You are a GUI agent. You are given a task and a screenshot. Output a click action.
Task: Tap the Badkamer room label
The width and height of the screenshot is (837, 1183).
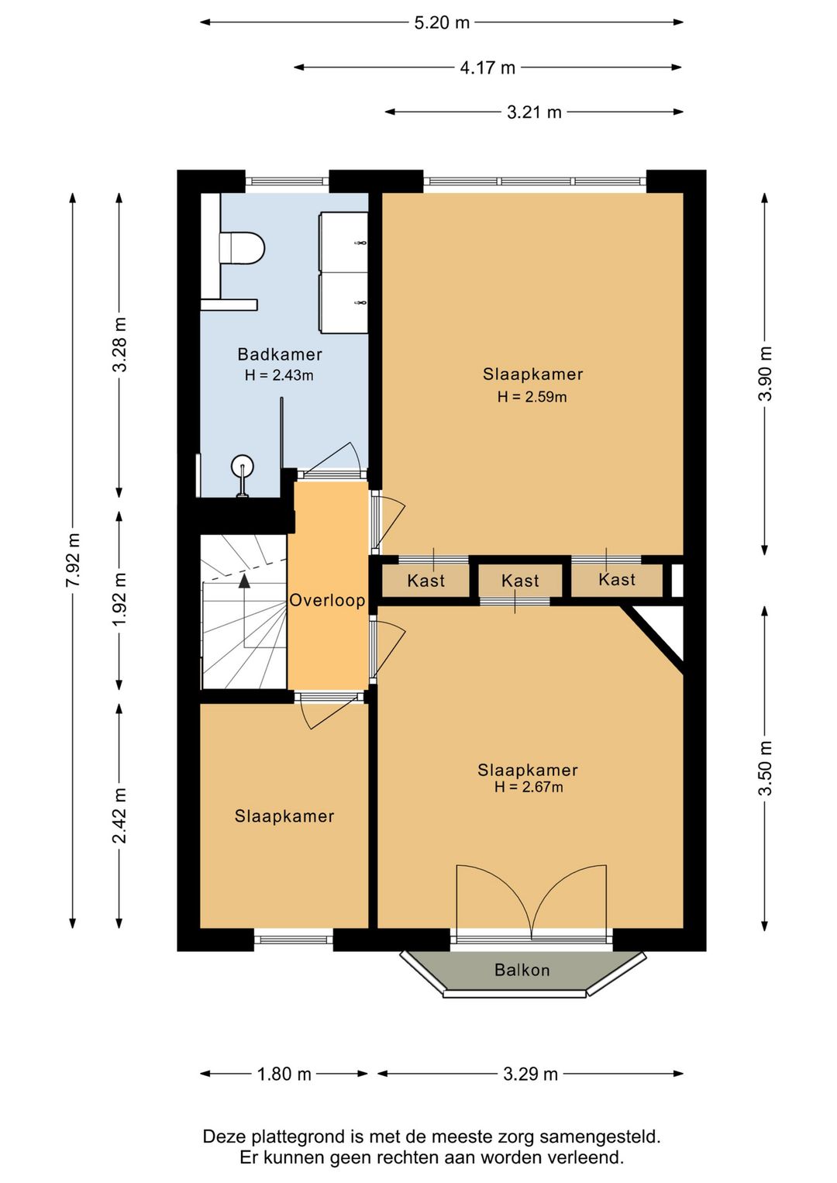pyautogui.click(x=280, y=354)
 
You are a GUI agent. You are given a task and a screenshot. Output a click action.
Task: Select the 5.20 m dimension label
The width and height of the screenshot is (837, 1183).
pyautogui.click(x=442, y=22)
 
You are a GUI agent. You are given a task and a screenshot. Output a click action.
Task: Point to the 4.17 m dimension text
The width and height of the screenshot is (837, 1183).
pyautogui.click(x=487, y=67)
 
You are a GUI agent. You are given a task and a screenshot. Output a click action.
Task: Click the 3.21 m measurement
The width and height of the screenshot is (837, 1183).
pyautogui.click(x=534, y=112)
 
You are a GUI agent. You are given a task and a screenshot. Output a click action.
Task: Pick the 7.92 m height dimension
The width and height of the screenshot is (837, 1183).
pyautogui.click(x=73, y=559)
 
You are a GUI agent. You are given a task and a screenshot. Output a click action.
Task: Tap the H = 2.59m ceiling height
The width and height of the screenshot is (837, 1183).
pyautogui.click(x=532, y=397)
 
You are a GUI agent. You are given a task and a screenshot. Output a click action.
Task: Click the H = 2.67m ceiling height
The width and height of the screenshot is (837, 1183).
pyautogui.click(x=529, y=787)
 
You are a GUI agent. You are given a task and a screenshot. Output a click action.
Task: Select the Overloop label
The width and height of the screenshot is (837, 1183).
pyautogui.click(x=327, y=600)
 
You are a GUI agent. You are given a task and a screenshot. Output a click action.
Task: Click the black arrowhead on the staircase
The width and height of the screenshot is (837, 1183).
pyautogui.click(x=244, y=581)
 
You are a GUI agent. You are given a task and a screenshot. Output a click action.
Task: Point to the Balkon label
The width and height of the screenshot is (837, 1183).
pyautogui.click(x=522, y=970)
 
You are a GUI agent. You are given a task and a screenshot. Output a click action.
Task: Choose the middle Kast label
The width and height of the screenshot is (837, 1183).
pyautogui.click(x=520, y=581)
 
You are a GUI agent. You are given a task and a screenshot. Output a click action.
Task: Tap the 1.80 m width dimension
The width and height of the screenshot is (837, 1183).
pyautogui.click(x=284, y=1074)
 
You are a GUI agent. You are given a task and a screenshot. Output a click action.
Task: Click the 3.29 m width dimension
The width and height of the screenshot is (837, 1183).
pyautogui.click(x=530, y=1074)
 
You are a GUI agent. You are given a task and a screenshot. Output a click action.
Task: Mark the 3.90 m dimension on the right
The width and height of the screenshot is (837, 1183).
pyautogui.click(x=765, y=374)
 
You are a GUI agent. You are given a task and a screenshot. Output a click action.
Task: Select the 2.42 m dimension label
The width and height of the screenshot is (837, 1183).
pyautogui.click(x=119, y=816)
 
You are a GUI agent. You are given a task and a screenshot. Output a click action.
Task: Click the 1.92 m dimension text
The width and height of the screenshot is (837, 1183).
pyautogui.click(x=119, y=599)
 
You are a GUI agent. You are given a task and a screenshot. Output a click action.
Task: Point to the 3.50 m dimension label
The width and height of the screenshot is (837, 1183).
pyautogui.click(x=765, y=768)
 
